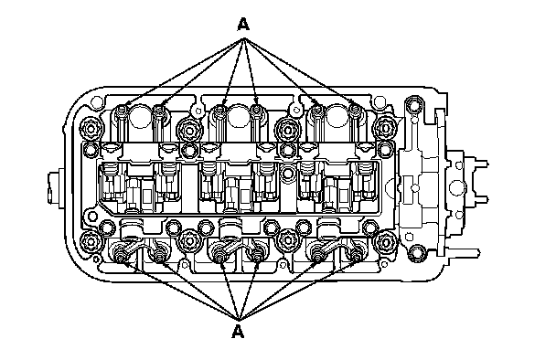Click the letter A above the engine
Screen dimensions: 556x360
243,25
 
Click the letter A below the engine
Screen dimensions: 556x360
238,332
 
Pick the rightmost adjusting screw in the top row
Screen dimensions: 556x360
355,110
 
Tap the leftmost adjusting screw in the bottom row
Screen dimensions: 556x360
120,254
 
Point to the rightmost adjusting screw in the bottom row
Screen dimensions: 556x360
356,254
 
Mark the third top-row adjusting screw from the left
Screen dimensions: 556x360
220,111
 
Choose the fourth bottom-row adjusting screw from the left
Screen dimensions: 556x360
257,254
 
